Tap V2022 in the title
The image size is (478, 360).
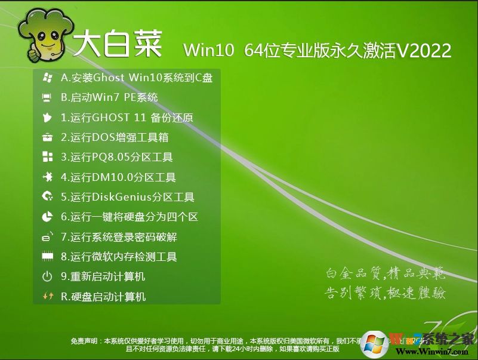tap(424, 50)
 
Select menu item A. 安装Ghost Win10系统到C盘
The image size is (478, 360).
tap(137, 78)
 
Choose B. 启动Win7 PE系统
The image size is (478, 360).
tap(109, 97)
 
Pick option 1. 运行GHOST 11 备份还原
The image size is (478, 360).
tap(127, 118)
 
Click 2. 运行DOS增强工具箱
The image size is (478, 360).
tap(115, 137)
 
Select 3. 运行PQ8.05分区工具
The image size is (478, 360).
tap(116, 158)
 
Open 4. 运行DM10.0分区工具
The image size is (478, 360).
tap(118, 177)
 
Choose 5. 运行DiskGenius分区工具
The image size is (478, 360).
tap(128, 197)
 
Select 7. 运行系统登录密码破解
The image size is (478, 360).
tap(119, 237)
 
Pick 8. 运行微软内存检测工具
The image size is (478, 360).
tap(119, 257)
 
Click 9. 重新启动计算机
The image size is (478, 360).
tap(103, 276)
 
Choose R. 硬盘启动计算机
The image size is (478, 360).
tap(103, 297)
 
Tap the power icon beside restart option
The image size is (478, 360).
tap(47, 276)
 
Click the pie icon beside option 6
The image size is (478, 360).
tap(47, 217)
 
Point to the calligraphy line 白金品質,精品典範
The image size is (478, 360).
tap(385, 273)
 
